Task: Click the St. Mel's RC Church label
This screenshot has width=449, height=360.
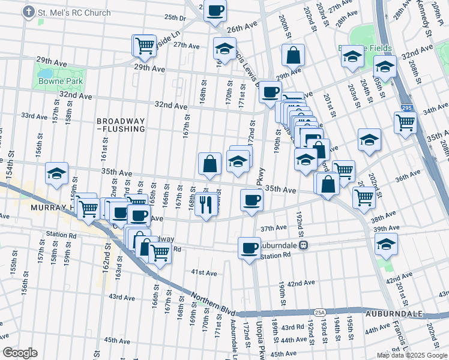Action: tap(74, 13)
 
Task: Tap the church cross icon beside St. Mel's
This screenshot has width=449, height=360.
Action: tap(28, 13)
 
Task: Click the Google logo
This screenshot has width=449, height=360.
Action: tap(20, 353)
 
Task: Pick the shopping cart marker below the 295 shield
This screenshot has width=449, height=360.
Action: tap(406, 122)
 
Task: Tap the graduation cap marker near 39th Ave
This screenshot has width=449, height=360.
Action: tap(385, 243)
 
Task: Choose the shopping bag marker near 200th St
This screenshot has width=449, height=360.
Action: tap(292, 55)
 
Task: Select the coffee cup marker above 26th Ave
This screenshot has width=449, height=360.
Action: tap(215, 10)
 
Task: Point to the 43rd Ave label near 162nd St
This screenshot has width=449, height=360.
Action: tap(122, 297)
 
